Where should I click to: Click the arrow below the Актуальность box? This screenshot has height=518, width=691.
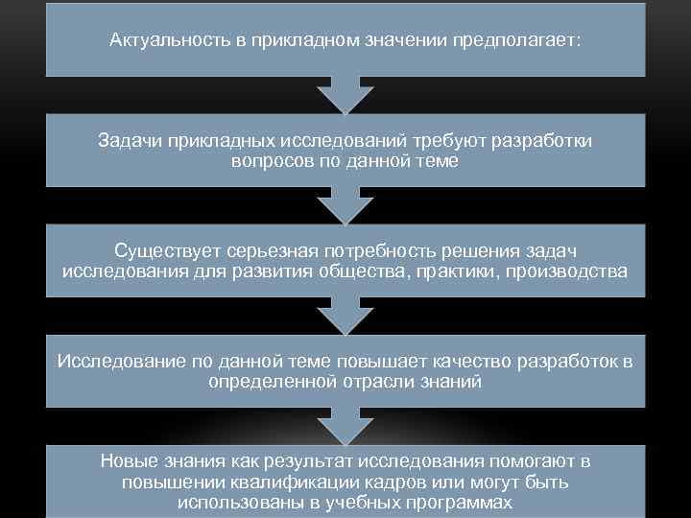345,94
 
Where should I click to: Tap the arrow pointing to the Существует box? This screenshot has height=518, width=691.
345,204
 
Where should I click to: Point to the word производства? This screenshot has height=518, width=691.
572,271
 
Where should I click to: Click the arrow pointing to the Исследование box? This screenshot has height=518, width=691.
345,315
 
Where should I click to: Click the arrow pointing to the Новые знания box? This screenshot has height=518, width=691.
345,424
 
